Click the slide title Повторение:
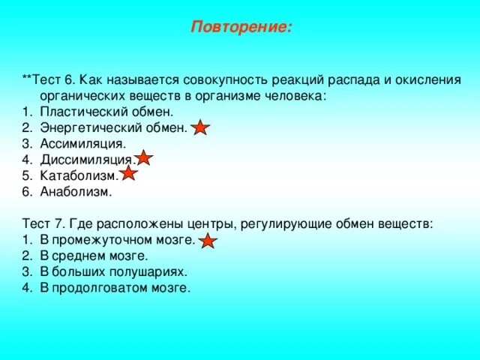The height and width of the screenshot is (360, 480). [x=241, y=28]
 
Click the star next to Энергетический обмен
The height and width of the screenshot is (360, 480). [x=200, y=128]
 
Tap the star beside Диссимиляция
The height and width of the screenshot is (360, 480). [x=144, y=159]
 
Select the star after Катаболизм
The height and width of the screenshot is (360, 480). [x=128, y=175]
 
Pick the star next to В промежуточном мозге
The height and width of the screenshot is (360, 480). [x=208, y=241]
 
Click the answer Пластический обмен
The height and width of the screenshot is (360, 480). [x=106, y=112]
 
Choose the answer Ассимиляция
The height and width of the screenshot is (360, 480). [x=83, y=143]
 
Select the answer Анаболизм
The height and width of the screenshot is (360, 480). [x=76, y=191]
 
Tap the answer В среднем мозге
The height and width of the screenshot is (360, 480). [x=89, y=256]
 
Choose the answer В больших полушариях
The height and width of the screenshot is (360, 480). [x=113, y=271]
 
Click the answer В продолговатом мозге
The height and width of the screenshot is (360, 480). [x=115, y=287]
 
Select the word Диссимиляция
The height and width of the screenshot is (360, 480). [x=88, y=159]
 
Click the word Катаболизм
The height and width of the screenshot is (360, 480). [x=79, y=175]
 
